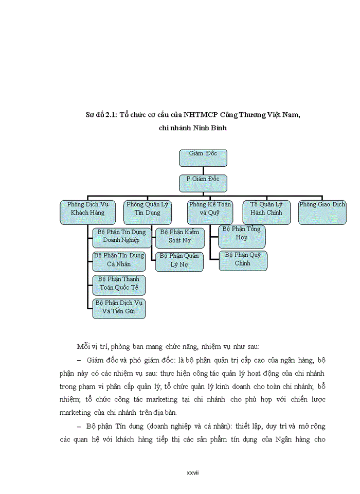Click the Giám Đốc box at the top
coord(203,157)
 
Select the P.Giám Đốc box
coord(203,183)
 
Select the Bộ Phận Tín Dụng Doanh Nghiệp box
coord(122,236)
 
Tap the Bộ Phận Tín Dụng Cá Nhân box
coord(119,261)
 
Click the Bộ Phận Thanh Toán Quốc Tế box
coord(119,285)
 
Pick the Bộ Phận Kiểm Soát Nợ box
coord(180,237)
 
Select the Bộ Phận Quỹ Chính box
coord(242,260)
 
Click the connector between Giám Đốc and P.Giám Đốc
coord(203,170)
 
